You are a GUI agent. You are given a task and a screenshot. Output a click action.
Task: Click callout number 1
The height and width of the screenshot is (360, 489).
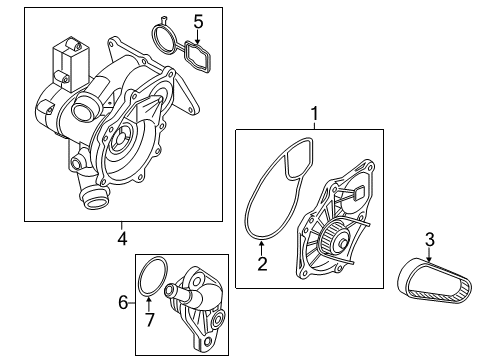point(314,114)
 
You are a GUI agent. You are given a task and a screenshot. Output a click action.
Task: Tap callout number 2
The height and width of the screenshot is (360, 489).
point(262,263)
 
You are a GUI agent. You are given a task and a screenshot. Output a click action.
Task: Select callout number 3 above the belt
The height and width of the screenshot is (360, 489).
point(430,240)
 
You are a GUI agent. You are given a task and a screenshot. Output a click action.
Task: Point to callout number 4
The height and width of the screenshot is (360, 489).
point(122,238)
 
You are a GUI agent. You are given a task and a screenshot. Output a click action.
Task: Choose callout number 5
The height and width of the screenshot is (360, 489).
point(198,22)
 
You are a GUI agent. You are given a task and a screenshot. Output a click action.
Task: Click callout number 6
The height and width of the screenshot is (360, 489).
point(123,303)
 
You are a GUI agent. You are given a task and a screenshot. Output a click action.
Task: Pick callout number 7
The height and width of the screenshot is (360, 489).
point(149,319)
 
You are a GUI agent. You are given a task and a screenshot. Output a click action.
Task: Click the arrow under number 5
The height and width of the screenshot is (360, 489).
point(198,38)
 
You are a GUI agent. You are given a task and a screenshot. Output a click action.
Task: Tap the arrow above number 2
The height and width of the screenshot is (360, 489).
point(262,248)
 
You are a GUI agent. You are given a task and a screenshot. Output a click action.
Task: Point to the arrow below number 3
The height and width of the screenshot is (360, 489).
point(430,255)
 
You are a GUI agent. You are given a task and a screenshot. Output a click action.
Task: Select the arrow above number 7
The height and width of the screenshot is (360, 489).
point(149,304)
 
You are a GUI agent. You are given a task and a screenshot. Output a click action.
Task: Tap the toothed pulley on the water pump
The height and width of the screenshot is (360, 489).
point(332,236)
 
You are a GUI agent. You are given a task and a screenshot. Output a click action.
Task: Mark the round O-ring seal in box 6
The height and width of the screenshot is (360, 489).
point(139,280)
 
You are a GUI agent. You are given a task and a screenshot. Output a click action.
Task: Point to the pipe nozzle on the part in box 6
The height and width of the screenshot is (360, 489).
point(173,291)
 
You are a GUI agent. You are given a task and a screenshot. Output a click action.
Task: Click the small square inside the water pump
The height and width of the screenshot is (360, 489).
point(358,193)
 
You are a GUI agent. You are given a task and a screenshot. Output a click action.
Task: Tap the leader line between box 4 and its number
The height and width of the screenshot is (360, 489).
point(122,226)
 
